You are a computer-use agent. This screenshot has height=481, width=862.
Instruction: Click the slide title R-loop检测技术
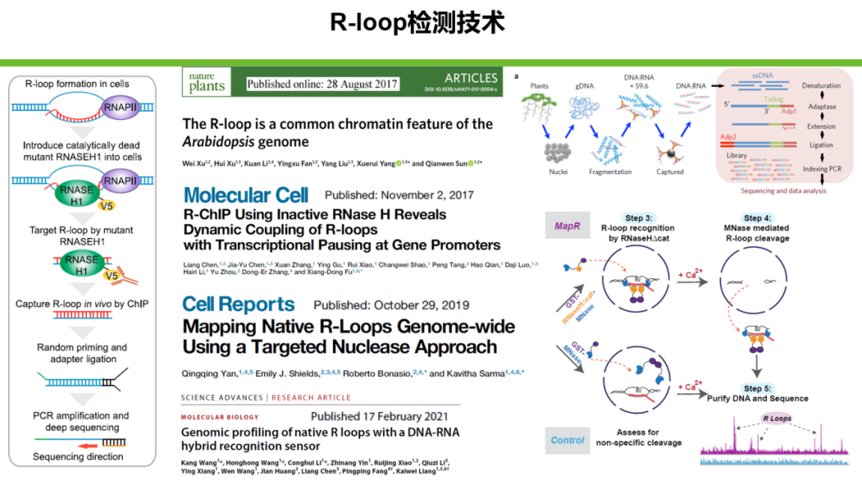coord(417,22)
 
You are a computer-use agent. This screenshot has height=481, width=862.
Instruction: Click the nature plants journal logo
coord(208,82)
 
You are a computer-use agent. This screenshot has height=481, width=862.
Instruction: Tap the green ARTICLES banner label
coord(471,78)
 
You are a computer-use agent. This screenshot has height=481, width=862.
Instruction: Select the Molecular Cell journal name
coord(248,196)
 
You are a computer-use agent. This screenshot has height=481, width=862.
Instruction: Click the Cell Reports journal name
coord(239,304)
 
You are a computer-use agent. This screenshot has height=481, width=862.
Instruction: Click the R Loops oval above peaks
coord(777,418)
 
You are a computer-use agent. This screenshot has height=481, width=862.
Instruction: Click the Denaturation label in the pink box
coord(820,85)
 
